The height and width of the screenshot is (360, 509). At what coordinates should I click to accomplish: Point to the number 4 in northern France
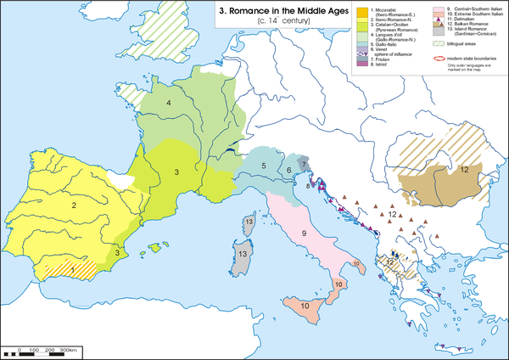(x=170, y=104)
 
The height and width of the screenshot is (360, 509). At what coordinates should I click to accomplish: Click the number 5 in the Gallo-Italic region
(x=264, y=166)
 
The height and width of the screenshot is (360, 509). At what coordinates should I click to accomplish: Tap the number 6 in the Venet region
(x=288, y=171)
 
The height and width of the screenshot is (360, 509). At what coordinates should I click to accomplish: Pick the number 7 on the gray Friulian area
(x=304, y=161)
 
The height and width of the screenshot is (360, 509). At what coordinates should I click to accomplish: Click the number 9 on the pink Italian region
(x=302, y=233)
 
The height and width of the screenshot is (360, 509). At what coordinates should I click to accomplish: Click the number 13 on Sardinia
(x=242, y=253)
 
